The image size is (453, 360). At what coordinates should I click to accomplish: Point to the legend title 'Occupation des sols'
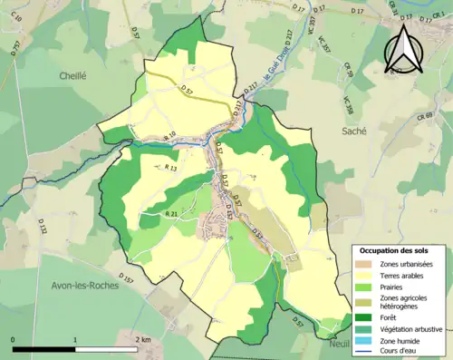coord(396,249)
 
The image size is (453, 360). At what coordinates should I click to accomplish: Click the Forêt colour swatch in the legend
coord(366,317)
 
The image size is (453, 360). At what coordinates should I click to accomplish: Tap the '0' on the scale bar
coord(14,339)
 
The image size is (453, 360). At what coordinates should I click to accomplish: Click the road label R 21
coord(171,213)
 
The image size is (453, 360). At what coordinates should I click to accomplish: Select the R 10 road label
coord(169,136)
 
